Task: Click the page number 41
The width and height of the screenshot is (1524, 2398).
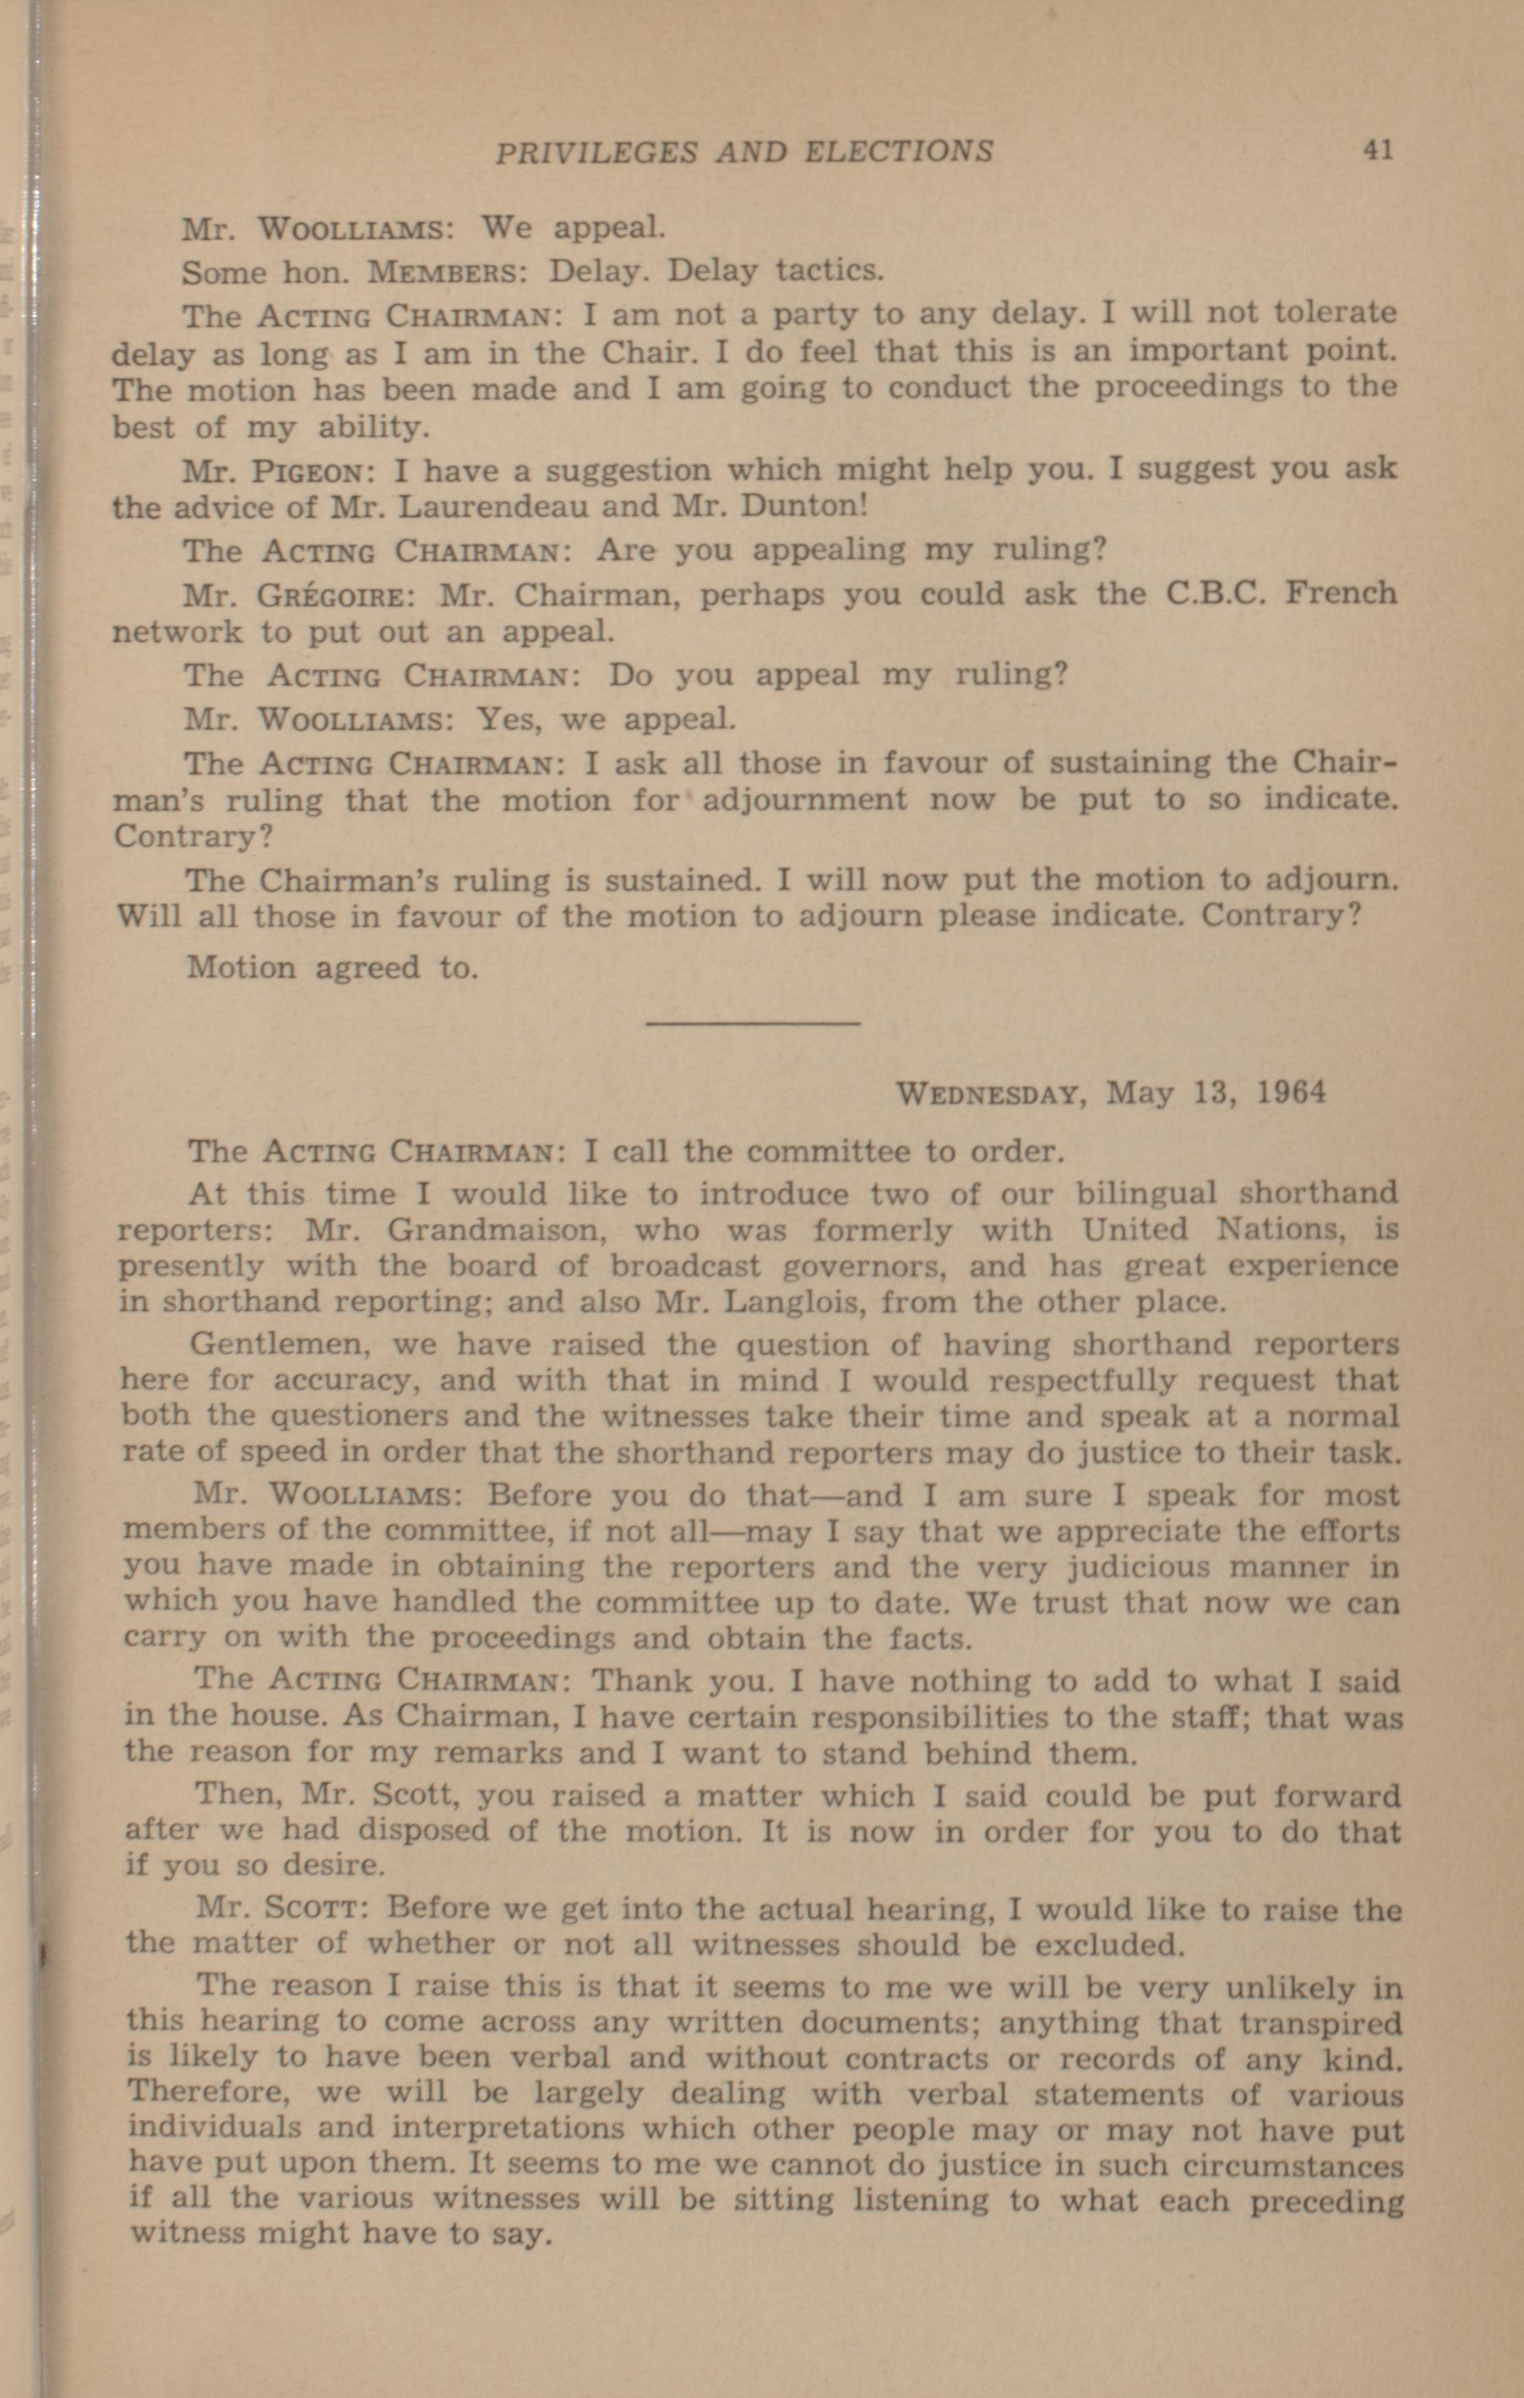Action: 1378,150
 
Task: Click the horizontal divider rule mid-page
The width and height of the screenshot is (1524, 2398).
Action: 753,1022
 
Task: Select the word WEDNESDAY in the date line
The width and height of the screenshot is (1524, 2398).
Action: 987,1094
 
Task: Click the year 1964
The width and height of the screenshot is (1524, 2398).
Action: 1291,1092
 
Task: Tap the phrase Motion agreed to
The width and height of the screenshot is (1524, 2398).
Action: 333,967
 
